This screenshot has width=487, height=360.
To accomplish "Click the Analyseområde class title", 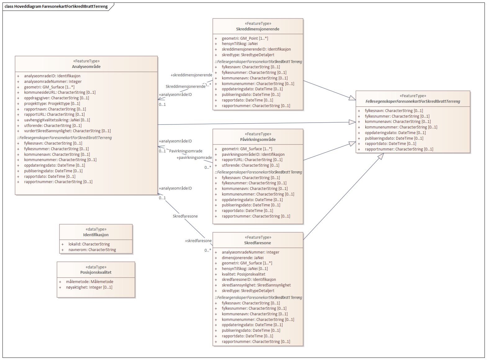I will click(x=86, y=67).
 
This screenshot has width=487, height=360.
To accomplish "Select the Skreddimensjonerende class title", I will click(x=258, y=29).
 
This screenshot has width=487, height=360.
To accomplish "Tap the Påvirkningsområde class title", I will click(x=258, y=140).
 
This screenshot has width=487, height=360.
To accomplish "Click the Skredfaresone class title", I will click(x=258, y=243).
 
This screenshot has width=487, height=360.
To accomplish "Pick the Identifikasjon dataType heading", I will click(x=96, y=235).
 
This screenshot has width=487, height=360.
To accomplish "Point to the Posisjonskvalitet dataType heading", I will click(x=96, y=272).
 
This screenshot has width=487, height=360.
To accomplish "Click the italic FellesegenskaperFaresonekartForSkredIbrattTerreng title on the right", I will click(x=413, y=101).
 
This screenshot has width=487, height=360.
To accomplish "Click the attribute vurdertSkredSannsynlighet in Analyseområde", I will click(x=67, y=131).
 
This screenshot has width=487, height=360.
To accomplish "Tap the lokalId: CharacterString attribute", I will click(x=89, y=244).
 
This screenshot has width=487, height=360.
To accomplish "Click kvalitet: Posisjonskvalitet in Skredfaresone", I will click(x=243, y=274).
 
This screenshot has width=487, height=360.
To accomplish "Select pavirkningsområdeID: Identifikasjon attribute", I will click(x=253, y=155).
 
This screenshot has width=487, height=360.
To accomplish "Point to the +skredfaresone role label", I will click(x=198, y=241).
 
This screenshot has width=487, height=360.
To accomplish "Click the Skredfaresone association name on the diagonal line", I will click(x=185, y=216).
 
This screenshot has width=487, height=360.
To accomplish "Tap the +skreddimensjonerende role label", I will click(x=191, y=75).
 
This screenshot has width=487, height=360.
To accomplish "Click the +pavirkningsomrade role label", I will click(x=194, y=158).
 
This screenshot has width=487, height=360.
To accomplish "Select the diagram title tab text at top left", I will click(x=56, y=7).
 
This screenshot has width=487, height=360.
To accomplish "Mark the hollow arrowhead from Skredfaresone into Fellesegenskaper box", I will click(x=381, y=156).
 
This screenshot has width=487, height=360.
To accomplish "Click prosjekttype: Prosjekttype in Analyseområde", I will click(x=52, y=104).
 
